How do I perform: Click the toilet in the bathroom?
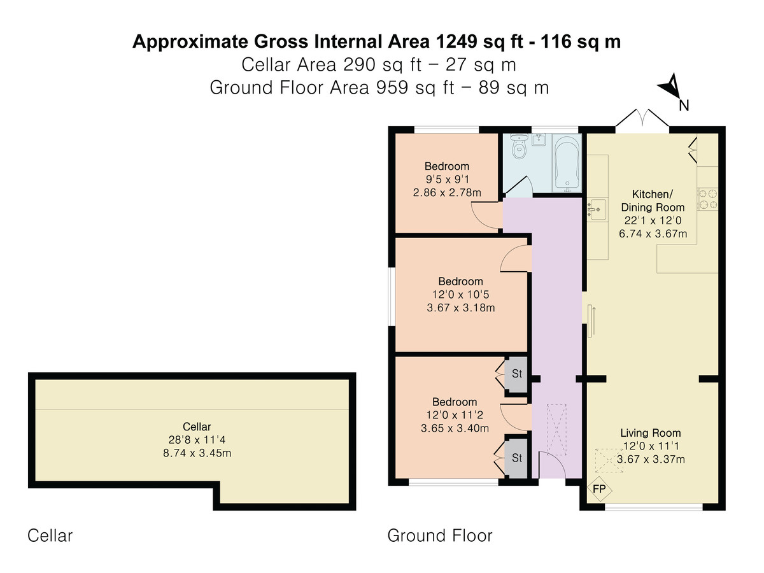[x=519, y=147]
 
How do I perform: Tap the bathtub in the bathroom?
[x=567, y=163]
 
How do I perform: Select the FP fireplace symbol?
[x=598, y=489]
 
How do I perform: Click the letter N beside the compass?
[x=684, y=105]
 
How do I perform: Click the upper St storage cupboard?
[x=516, y=374]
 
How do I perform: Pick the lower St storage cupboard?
[x=516, y=458]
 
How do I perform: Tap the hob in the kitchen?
[x=708, y=199]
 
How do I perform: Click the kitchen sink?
[x=597, y=209]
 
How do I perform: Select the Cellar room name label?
[x=197, y=427]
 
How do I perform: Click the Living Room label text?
[x=650, y=433]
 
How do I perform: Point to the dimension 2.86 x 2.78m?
[x=447, y=192]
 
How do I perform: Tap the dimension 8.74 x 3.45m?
[x=197, y=453]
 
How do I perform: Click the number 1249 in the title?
[x=456, y=41]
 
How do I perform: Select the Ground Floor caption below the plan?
[x=439, y=535]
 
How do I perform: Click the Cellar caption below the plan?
[x=50, y=535]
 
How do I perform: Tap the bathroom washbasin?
[x=539, y=139]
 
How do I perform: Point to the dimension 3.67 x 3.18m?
[x=460, y=308]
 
